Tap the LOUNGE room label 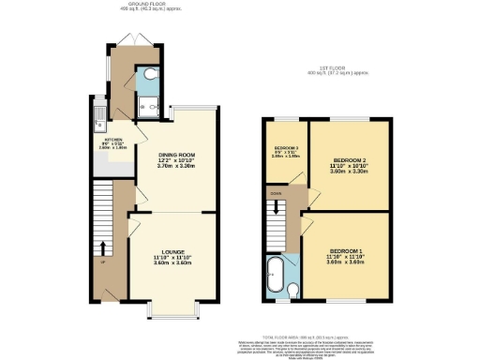(172, 250)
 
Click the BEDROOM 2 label (349, 161)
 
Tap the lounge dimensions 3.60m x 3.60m (172, 262)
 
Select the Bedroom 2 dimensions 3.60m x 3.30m (349, 172)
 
